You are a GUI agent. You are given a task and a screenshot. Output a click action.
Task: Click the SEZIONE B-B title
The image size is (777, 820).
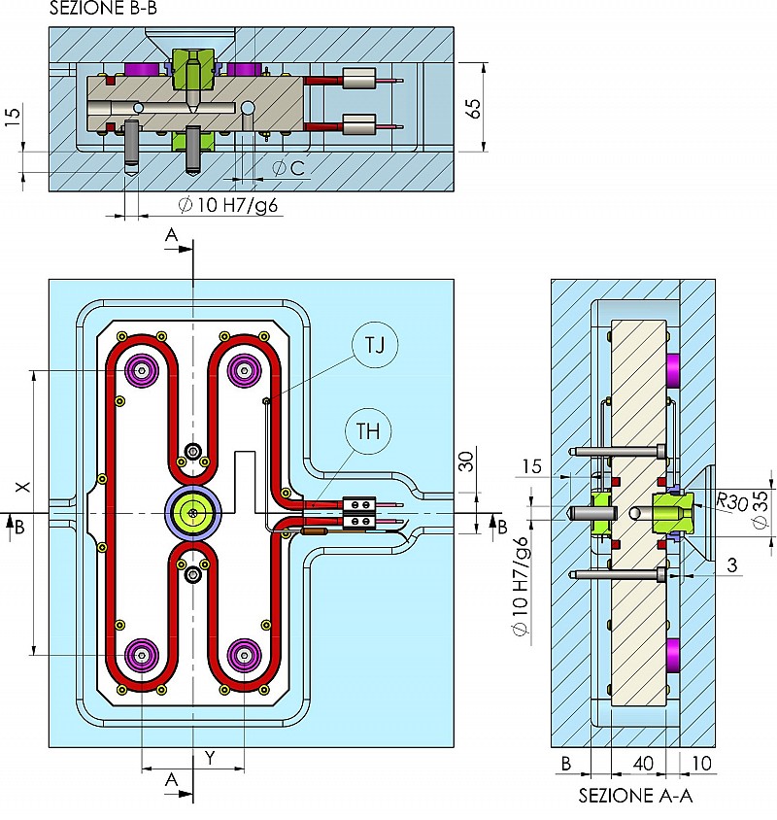(x=102, y=9)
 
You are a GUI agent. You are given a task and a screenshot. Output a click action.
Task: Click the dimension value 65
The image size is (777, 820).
(x=473, y=108)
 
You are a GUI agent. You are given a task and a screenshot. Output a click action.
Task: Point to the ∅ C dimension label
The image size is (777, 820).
(x=288, y=168)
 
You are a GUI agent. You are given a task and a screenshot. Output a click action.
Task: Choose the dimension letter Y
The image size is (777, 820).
(x=209, y=758)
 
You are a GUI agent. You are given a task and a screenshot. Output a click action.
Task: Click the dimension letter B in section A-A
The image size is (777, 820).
(x=566, y=764)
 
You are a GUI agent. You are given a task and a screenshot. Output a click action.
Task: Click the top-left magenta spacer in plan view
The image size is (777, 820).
(x=144, y=370)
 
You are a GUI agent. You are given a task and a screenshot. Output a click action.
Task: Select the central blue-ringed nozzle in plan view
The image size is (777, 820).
(x=194, y=512)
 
